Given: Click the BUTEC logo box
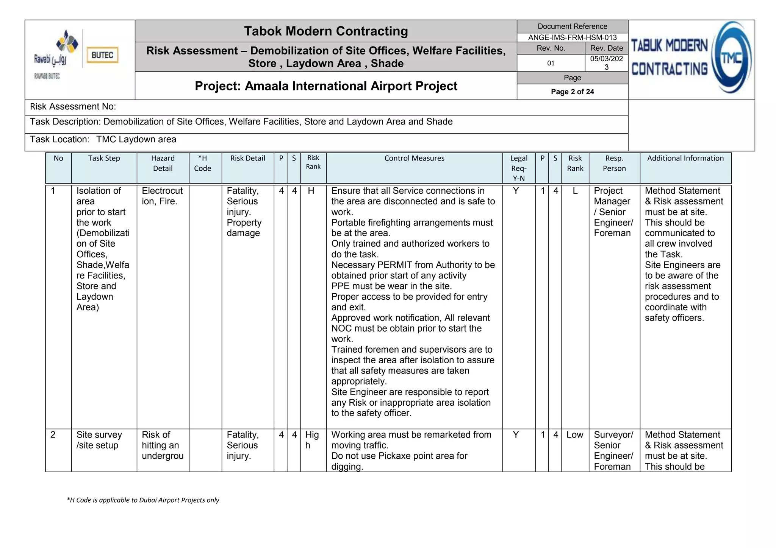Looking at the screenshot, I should tap(102, 55).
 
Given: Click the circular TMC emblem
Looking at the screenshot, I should tap(731, 58).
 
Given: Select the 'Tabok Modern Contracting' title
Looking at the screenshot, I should tap(326, 31).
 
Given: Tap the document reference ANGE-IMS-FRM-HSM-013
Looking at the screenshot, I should tap(572, 37).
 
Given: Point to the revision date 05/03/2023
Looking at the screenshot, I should tap(606, 63).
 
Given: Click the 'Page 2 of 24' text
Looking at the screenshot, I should tap(572, 92).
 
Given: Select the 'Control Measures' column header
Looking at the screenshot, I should tap(414, 158).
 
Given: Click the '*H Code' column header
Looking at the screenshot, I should tap(202, 163).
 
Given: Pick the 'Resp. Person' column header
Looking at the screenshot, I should tap(614, 163).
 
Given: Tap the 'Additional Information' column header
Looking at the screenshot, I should tap(685, 158).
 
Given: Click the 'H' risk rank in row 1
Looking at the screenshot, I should tap(311, 191).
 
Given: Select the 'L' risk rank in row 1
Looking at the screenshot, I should tap(575, 191).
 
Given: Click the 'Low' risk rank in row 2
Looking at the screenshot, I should tap(575, 435).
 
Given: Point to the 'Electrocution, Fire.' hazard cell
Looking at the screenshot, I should tap(162, 196).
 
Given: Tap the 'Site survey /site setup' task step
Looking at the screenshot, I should tap(99, 440).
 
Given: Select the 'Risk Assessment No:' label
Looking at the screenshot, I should tap(73, 107).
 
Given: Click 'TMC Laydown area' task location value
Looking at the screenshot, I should tap(136, 139).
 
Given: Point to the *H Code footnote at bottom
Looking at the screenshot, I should tap(143, 500).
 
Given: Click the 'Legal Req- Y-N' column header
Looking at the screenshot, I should tap(518, 168).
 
